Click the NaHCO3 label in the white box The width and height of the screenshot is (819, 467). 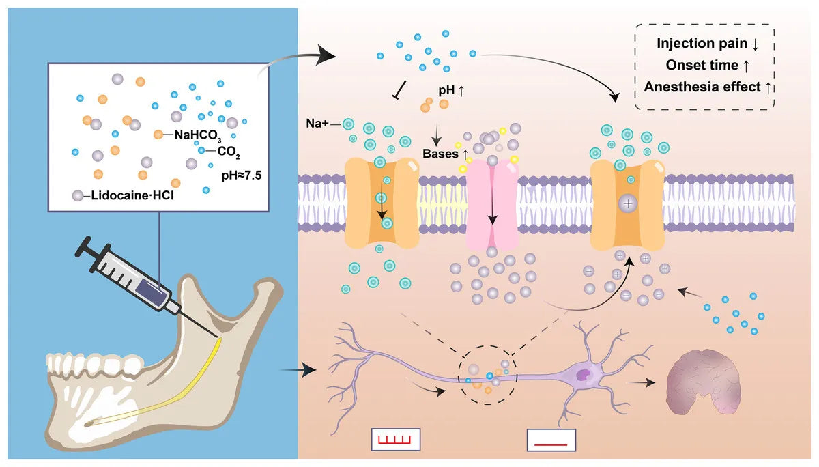coord(198,135)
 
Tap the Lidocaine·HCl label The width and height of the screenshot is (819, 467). coord(130,196)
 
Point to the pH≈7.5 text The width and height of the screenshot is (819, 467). coord(242,175)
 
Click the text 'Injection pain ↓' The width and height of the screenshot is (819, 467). coord(707,44)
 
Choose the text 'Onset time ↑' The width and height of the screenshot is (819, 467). coord(707,66)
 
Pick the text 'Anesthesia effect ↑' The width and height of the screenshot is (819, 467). coord(707,87)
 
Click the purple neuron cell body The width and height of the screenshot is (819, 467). coord(584,374)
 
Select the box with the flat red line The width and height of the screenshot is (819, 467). coord(551,440)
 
